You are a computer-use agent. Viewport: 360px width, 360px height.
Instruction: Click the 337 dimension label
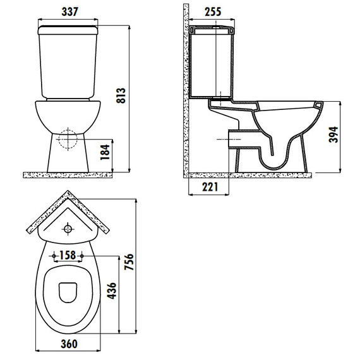(x=70, y=12)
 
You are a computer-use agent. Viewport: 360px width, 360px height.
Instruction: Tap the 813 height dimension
(x=121, y=95)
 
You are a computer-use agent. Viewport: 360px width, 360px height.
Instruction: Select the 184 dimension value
(x=105, y=152)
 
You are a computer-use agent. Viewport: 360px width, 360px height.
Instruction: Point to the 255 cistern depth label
(x=213, y=12)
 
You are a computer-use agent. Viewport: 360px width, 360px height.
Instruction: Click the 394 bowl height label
(x=333, y=135)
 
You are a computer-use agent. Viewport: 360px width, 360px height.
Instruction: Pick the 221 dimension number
(x=210, y=187)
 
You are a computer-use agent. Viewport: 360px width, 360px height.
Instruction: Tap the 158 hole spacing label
(x=68, y=255)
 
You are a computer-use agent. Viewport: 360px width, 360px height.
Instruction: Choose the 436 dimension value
(x=112, y=291)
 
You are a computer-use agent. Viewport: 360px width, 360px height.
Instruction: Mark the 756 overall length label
(x=129, y=261)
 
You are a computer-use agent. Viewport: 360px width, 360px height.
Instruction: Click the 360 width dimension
(x=69, y=344)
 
